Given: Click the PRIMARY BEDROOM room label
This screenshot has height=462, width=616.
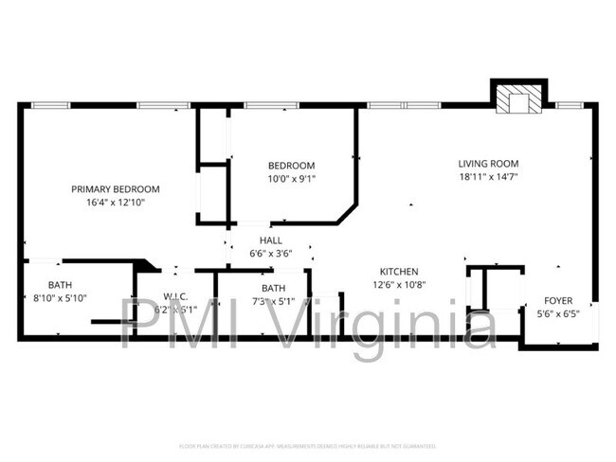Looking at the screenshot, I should point(116,188).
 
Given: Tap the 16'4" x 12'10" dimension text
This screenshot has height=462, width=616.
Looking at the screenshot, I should point(116,202).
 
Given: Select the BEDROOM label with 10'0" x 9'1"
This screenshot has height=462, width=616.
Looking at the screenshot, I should point(291,166).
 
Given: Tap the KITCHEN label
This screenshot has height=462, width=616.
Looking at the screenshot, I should point(400,272).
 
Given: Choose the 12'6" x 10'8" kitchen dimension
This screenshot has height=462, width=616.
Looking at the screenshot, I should point(400,285).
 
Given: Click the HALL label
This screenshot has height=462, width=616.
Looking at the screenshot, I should point(270,240).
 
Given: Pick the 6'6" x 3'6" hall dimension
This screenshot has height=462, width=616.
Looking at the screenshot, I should point(270,254).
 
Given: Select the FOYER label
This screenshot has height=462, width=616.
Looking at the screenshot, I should point(557,300).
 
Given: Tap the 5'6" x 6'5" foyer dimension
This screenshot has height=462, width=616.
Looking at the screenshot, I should point(557,313).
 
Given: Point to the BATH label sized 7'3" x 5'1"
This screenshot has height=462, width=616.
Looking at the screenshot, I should point(274,288).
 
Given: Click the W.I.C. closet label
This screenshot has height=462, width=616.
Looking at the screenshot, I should point(175,296).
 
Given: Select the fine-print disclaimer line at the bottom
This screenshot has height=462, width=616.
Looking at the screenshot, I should point(308,445).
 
